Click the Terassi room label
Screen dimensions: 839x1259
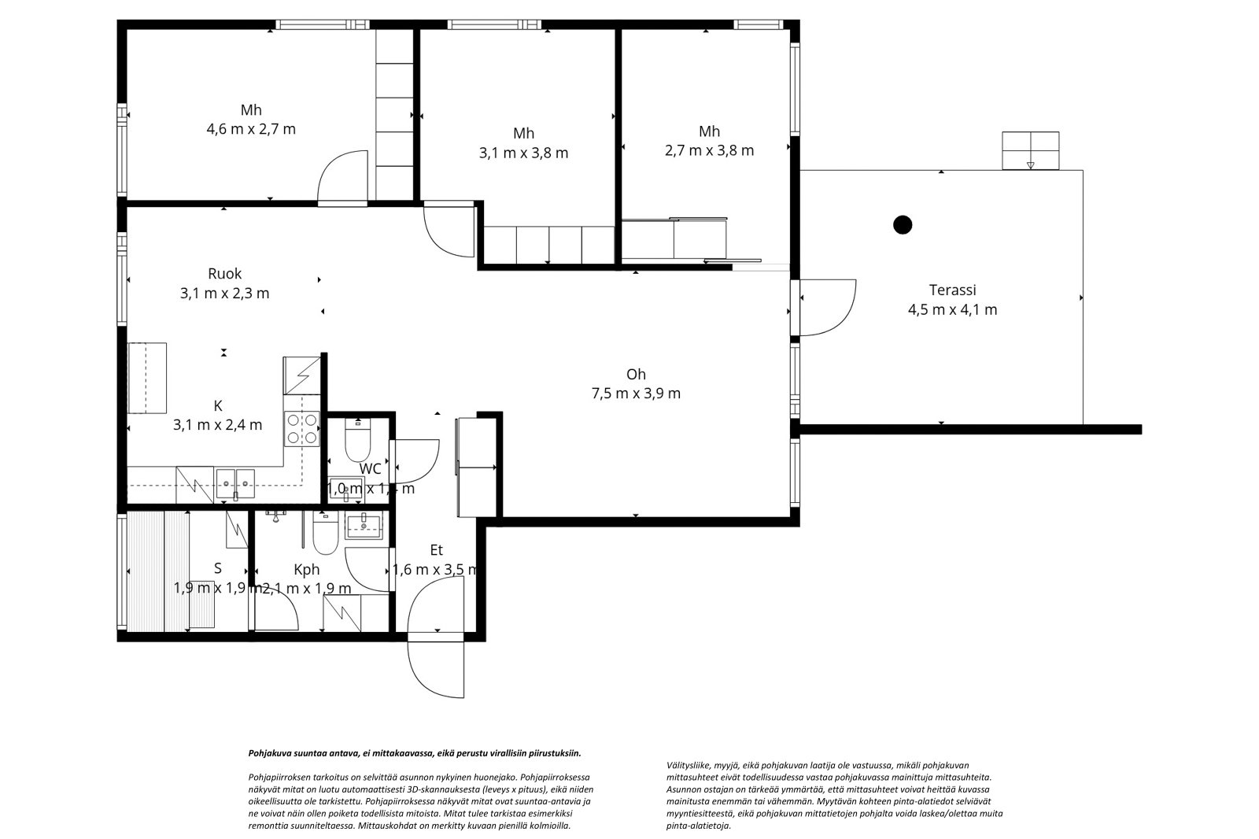click(x=952, y=290)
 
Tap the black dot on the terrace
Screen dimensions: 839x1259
click(x=903, y=225)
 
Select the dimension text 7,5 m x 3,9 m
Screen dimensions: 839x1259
click(x=636, y=394)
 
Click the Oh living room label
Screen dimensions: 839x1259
click(x=636, y=374)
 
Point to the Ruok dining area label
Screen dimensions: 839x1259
click(x=224, y=274)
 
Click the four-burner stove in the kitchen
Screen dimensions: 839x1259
click(x=302, y=429)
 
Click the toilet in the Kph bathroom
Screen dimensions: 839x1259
click(x=324, y=535)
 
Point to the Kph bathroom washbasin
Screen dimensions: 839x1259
click(x=364, y=525)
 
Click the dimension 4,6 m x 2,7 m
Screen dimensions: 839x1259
click(x=251, y=129)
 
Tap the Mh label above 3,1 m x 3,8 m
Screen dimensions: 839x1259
click(x=523, y=133)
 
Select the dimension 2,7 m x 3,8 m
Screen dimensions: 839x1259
click(x=709, y=150)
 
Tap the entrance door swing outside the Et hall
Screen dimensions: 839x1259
click(x=435, y=669)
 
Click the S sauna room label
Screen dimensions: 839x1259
click(x=217, y=568)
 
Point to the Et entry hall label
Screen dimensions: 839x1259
click(x=437, y=550)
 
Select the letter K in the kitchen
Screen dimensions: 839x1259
click(x=218, y=406)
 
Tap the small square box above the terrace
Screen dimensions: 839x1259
click(x=1030, y=150)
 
